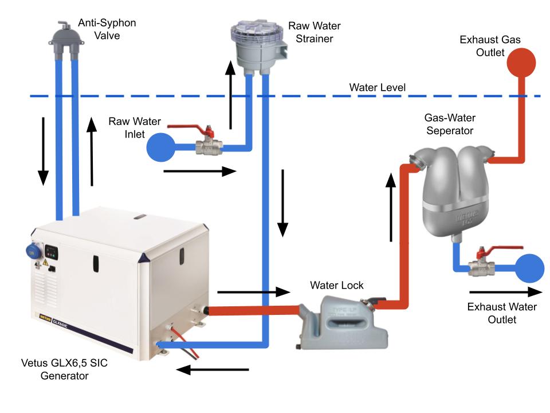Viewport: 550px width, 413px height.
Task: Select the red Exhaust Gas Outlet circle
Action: click(520, 62)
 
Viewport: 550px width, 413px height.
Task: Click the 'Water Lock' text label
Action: click(337, 285)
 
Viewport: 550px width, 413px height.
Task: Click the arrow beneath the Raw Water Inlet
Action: click(199, 171)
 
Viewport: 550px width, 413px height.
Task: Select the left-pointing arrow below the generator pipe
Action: click(212, 369)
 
